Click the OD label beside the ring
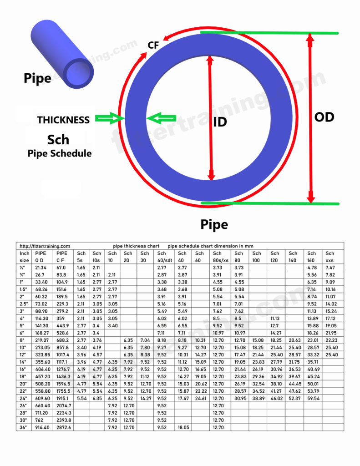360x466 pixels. (x=324, y=117)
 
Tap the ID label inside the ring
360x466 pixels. (x=220, y=122)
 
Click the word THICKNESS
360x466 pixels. (x=63, y=120)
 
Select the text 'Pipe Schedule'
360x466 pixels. (x=59, y=153)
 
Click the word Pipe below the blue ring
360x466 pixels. (x=214, y=224)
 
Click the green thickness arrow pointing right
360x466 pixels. (x=110, y=119)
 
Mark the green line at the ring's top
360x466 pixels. (x=269, y=33)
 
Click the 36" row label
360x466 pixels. (x=24, y=427)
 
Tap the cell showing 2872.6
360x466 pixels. (x=63, y=427)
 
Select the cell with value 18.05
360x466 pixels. (x=182, y=427)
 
